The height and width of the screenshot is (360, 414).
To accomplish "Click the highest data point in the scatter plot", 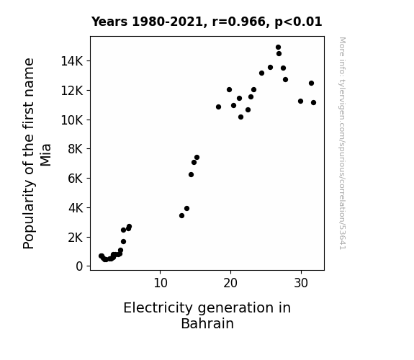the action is [x=278, y=48].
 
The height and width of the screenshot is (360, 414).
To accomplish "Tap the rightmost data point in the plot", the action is [x=313, y=102].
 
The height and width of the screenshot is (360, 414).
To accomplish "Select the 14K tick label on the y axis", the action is [x=72, y=61].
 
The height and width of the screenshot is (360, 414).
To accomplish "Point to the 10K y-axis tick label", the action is [x=72, y=120].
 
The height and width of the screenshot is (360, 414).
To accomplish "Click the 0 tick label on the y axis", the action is [x=79, y=266].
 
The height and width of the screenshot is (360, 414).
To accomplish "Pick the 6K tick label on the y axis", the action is [x=76, y=179].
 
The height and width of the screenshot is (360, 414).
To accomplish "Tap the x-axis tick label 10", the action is [x=161, y=283].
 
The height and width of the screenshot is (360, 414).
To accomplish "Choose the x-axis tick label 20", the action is [x=230, y=283].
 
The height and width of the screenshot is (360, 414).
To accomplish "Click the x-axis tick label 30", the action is [x=301, y=283].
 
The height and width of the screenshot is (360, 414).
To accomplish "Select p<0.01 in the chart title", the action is [x=298, y=22].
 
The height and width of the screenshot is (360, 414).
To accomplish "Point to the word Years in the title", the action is [x=109, y=22].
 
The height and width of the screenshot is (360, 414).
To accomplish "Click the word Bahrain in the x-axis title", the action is [x=207, y=323].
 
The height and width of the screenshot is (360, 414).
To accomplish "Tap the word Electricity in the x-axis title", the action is [x=158, y=308].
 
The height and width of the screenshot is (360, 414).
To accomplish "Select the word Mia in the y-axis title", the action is [x=45, y=155].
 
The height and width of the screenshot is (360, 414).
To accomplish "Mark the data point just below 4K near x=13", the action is [x=181, y=215].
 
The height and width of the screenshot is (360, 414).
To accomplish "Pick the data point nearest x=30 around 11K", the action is [x=300, y=101].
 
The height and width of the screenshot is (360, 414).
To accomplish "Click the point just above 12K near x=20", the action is [x=229, y=90].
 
